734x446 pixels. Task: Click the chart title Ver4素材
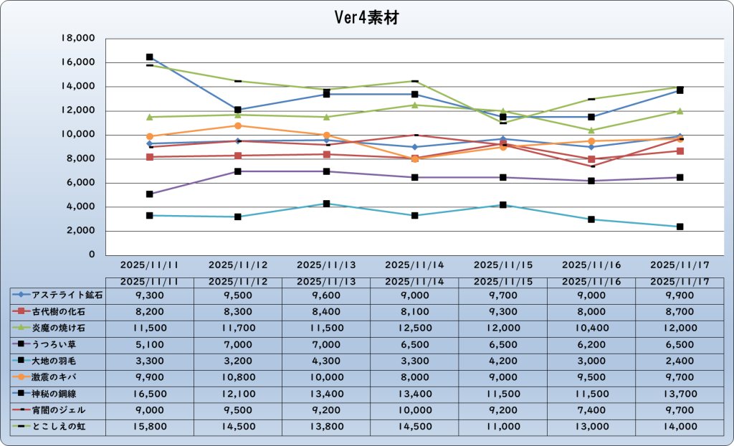(x=366, y=18)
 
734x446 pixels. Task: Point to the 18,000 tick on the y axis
(x=80, y=39)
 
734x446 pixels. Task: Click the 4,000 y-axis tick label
(x=83, y=207)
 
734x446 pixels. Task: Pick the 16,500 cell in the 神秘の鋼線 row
(x=150, y=394)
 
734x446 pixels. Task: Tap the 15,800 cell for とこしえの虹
(x=150, y=427)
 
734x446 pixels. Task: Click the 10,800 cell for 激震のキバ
(x=238, y=376)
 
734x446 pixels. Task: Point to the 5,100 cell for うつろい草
(x=150, y=343)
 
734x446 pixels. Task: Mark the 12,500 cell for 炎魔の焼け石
(x=415, y=327)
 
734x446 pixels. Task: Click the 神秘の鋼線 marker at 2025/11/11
(x=150, y=57)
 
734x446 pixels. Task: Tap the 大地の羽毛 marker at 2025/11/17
(x=680, y=227)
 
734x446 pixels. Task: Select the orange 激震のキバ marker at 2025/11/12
(x=238, y=125)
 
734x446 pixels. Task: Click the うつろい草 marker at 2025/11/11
(x=150, y=194)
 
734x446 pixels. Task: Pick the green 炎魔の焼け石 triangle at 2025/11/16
(x=592, y=131)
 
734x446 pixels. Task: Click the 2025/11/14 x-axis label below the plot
(x=415, y=265)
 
